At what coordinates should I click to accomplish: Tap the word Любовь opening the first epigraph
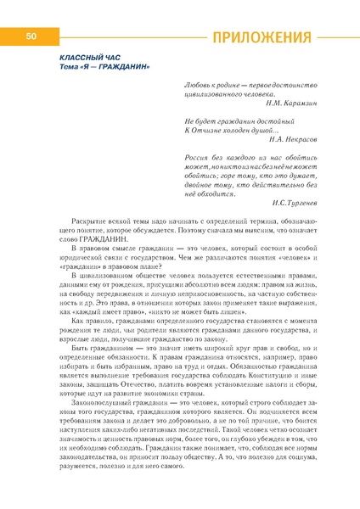click(x=197, y=83)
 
